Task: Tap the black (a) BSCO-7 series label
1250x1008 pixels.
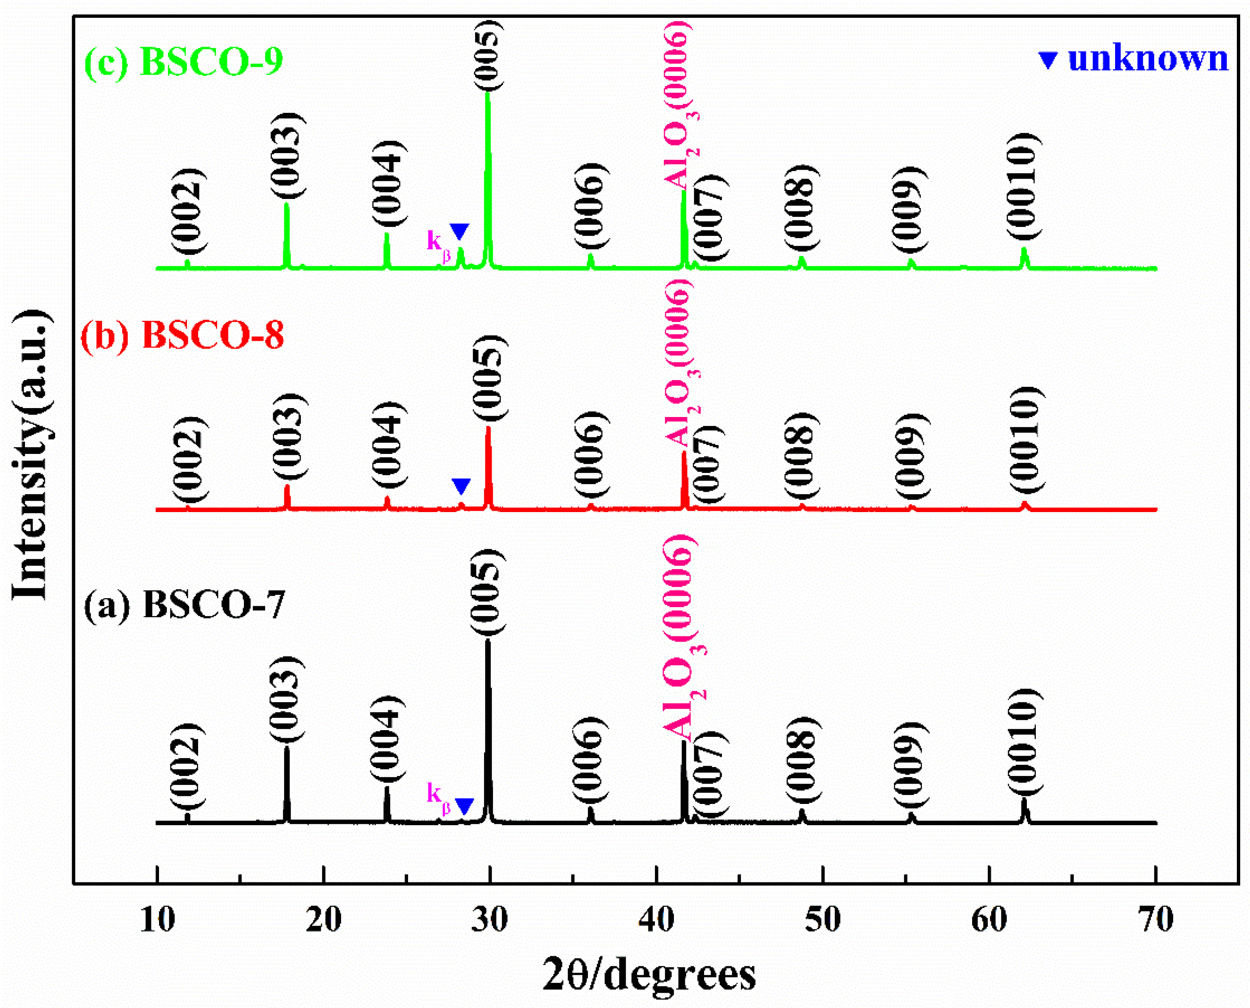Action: coord(185,605)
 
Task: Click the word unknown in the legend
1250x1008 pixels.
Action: coord(1148,59)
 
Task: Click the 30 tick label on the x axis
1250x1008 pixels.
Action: coord(489,919)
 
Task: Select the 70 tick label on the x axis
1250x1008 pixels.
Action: coord(1155,919)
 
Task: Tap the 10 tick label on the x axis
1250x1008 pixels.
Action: coord(157,919)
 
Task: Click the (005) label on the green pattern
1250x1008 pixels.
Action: coord(487,55)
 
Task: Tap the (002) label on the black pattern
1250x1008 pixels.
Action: coord(187,767)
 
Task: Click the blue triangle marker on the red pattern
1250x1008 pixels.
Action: coord(461,486)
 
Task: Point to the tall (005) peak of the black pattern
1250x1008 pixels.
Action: coord(488,726)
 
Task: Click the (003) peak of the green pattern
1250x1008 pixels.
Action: coord(286,232)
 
